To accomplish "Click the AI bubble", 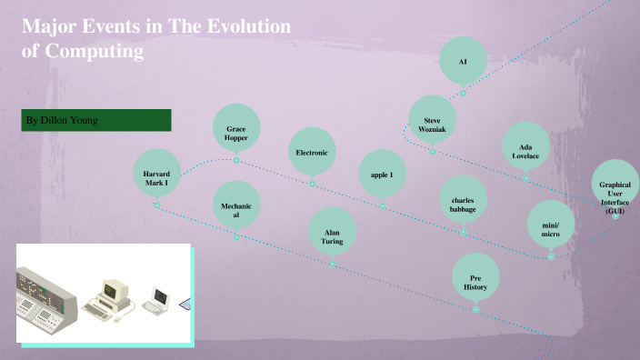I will [463, 61].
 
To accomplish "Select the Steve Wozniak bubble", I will [432, 122].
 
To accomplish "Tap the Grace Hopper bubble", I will [236, 133].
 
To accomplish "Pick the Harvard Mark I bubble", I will [156, 175].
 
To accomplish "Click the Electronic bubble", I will [312, 153].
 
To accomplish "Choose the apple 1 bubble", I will [383, 175].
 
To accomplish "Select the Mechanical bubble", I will [236, 210].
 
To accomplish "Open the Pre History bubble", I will [475, 280].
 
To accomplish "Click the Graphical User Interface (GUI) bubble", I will [615, 195].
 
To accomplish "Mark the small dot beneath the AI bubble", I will [463, 93].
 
